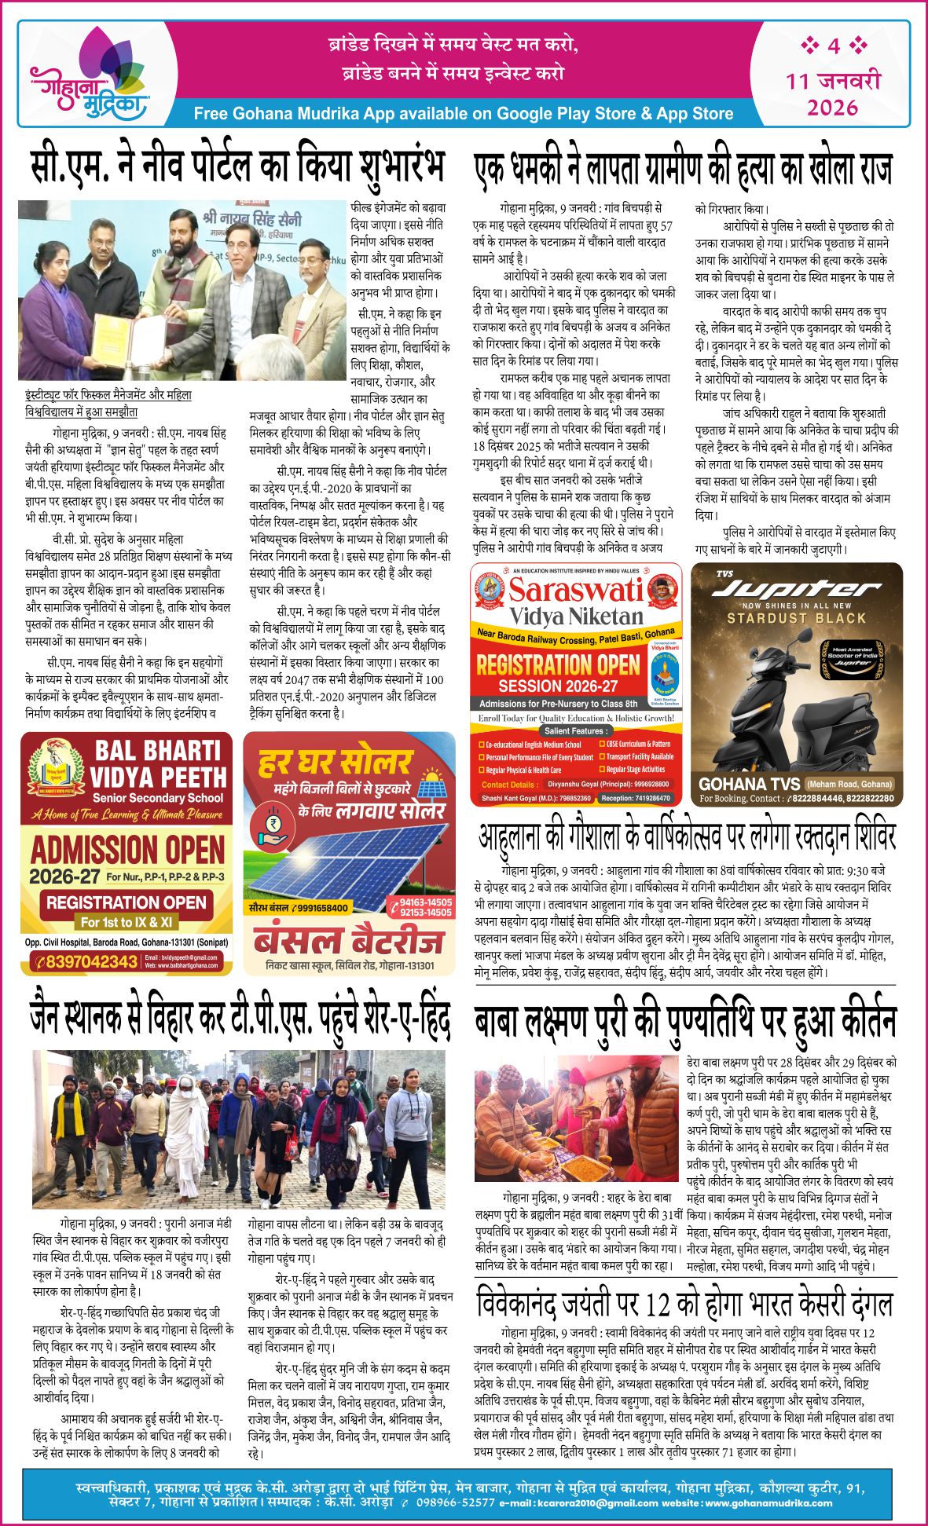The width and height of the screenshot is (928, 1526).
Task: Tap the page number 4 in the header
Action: tap(833, 46)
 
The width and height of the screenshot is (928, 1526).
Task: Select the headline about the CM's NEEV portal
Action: tap(237, 166)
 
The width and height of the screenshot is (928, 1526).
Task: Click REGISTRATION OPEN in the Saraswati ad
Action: tap(559, 665)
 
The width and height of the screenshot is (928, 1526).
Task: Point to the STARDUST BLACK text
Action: tap(796, 618)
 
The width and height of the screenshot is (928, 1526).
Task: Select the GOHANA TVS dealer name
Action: tap(749, 783)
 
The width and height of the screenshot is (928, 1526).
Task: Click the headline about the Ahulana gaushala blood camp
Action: tap(687, 837)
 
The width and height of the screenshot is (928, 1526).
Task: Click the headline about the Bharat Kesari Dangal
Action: tap(684, 1305)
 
